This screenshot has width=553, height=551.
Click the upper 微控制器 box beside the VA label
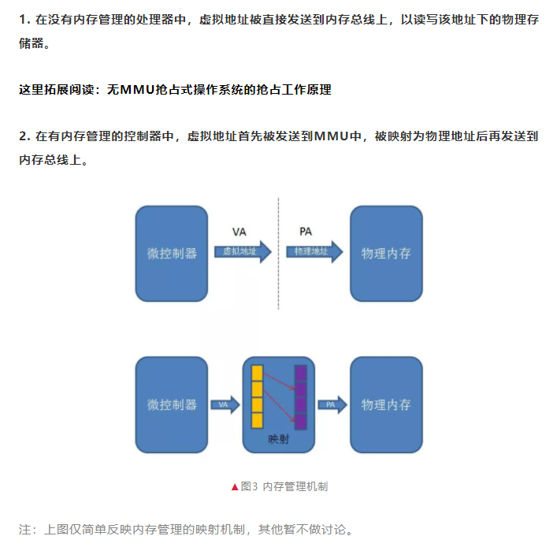pos(172,253)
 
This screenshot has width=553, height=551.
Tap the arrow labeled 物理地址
pos(314,251)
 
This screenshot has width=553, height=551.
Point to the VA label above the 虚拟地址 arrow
pos(240,231)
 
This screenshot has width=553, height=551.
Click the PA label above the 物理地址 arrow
pos(306,231)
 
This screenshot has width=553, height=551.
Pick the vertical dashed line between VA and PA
pos(279,252)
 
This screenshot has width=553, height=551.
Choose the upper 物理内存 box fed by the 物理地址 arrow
pos(386,253)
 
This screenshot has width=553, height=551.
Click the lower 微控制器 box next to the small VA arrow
pos(172,404)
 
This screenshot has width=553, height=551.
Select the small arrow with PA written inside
pos(332,404)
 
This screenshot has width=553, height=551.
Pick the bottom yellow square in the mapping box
pos(257,419)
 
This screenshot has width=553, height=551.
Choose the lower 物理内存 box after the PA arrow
pos(386,404)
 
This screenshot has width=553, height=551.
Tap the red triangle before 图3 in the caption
pos(235,486)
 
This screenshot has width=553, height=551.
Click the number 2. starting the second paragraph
pos(24,136)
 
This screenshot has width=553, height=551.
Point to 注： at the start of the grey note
pos(28,529)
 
